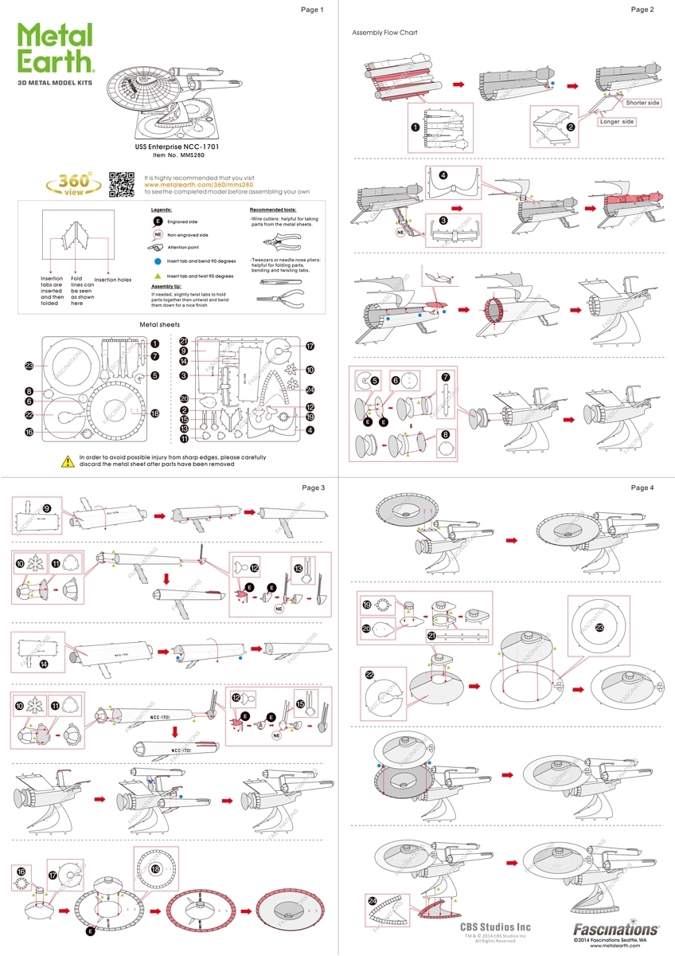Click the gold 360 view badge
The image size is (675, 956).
[x=69, y=184]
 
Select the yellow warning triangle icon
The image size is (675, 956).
[x=68, y=460]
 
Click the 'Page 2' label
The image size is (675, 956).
[x=642, y=10]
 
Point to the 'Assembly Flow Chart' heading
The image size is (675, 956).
[x=385, y=33]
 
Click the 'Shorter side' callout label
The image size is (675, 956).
[x=642, y=103]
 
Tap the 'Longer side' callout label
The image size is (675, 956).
[x=617, y=122]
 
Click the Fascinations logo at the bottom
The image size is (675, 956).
[x=616, y=929]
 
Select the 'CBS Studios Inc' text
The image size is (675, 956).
[x=495, y=927]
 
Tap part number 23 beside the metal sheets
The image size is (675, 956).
[x=29, y=366]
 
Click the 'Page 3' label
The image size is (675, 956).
[x=313, y=488]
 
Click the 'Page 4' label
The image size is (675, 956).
[x=642, y=488]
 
